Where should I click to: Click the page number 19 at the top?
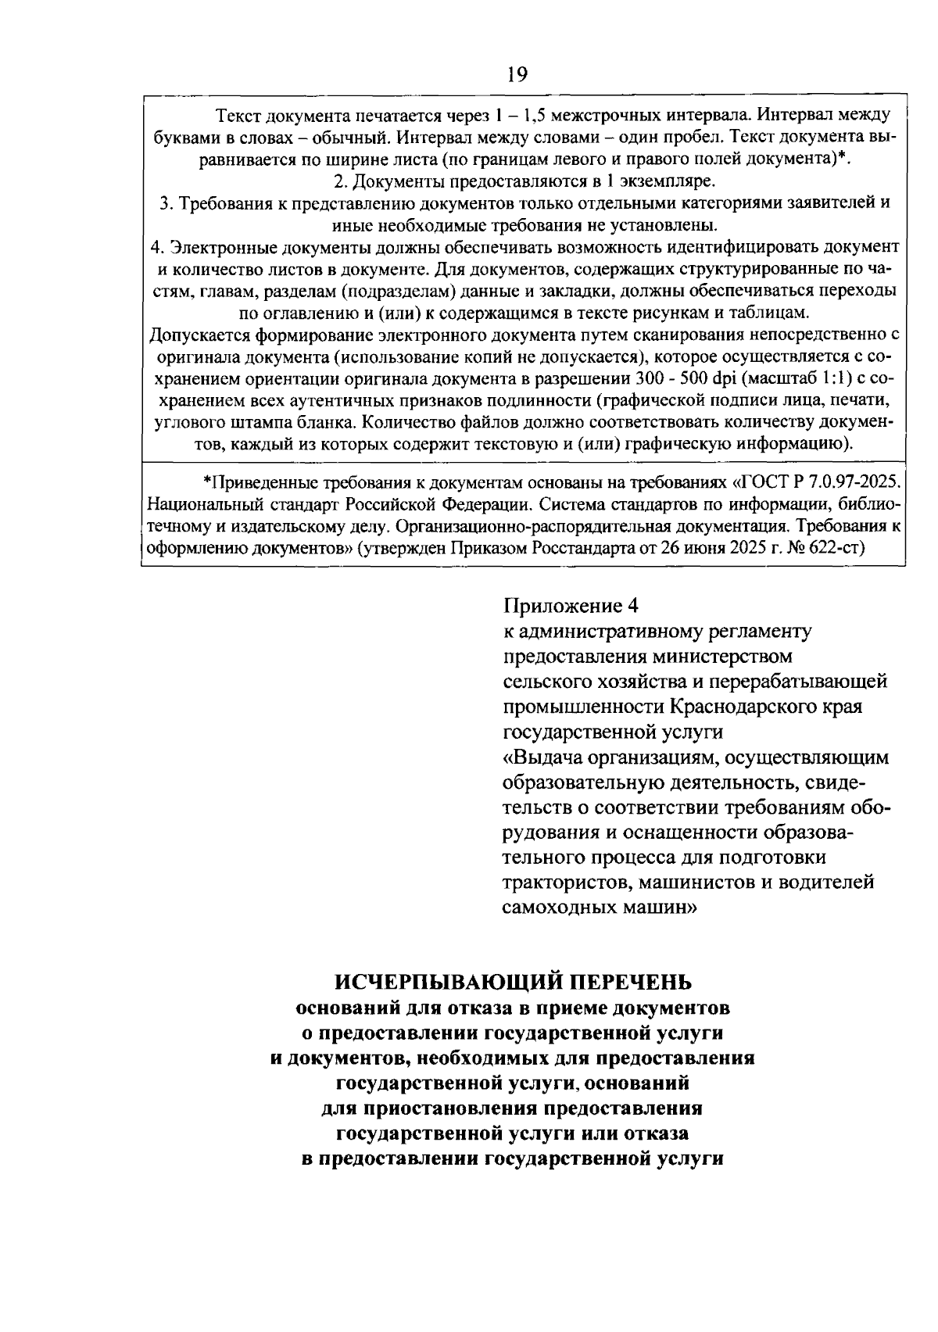(517, 74)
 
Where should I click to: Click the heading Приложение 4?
(571, 606)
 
